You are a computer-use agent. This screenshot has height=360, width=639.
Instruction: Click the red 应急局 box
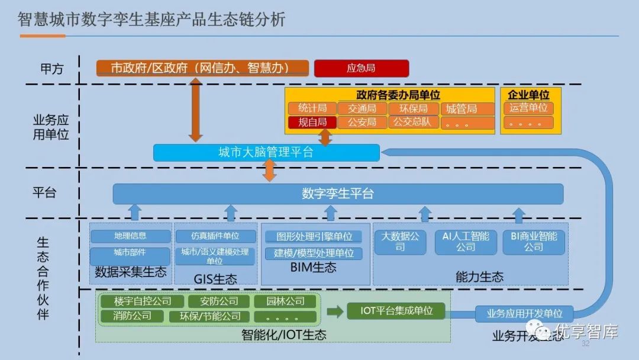pos(361,68)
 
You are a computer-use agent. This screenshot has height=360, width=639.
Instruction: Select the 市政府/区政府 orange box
pos(202,68)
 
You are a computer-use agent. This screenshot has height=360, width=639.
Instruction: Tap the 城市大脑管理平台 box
pos(266,152)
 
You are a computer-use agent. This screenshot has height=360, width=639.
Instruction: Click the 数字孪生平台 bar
pos(338,194)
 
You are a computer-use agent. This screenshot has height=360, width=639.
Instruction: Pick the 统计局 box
pos(312,108)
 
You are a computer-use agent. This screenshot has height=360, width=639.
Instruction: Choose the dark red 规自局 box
pos(312,123)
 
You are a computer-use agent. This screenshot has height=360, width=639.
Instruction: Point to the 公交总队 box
pos(413,123)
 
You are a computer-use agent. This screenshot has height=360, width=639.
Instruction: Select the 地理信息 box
pos(130,236)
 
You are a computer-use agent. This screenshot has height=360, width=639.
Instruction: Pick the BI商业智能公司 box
pos(533,242)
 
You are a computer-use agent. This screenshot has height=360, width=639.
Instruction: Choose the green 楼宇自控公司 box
pos(143,301)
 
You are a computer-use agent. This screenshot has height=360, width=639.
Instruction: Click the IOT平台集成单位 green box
pos(396,310)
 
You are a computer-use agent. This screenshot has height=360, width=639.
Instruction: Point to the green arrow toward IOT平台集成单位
pos(335,311)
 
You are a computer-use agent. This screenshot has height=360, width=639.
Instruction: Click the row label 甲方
pos(51,69)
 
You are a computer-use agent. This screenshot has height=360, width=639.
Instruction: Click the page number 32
pos(586,344)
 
